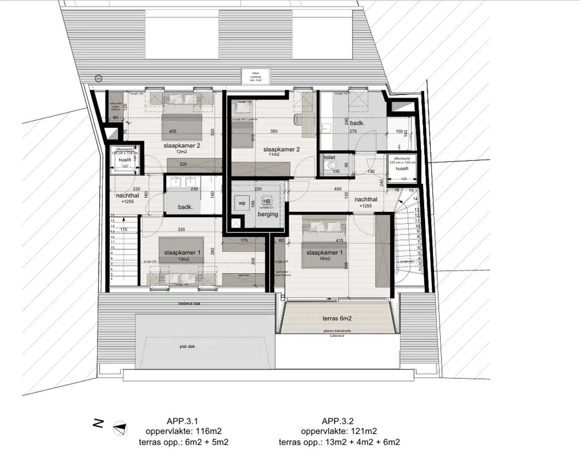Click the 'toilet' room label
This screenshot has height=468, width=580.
click(329, 158)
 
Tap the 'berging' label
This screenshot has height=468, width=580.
click(268, 214)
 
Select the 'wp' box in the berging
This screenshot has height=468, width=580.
click(242, 203)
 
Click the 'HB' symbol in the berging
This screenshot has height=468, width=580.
click(267, 202)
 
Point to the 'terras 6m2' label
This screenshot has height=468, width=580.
click(337, 318)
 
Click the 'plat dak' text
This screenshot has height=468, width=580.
click(187, 346)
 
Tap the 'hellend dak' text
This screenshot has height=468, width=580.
click(189, 303)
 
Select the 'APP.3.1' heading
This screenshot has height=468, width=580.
click(182, 421)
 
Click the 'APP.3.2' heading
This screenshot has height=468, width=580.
click(338, 421)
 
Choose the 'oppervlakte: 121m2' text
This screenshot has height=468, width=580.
click(339, 431)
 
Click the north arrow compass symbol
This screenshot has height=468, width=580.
click(120, 428)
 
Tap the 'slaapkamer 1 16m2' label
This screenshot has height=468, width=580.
click(324, 255)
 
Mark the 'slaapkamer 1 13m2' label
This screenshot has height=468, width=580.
click(182, 255)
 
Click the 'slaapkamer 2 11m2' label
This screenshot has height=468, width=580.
click(281, 151)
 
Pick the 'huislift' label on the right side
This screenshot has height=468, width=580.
click(402, 168)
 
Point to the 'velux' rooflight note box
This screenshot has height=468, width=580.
click(255, 76)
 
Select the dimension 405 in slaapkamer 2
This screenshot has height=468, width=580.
click(173, 131)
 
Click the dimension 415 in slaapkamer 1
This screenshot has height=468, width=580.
click(339, 241)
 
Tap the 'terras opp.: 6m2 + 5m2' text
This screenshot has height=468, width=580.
click(183, 442)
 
